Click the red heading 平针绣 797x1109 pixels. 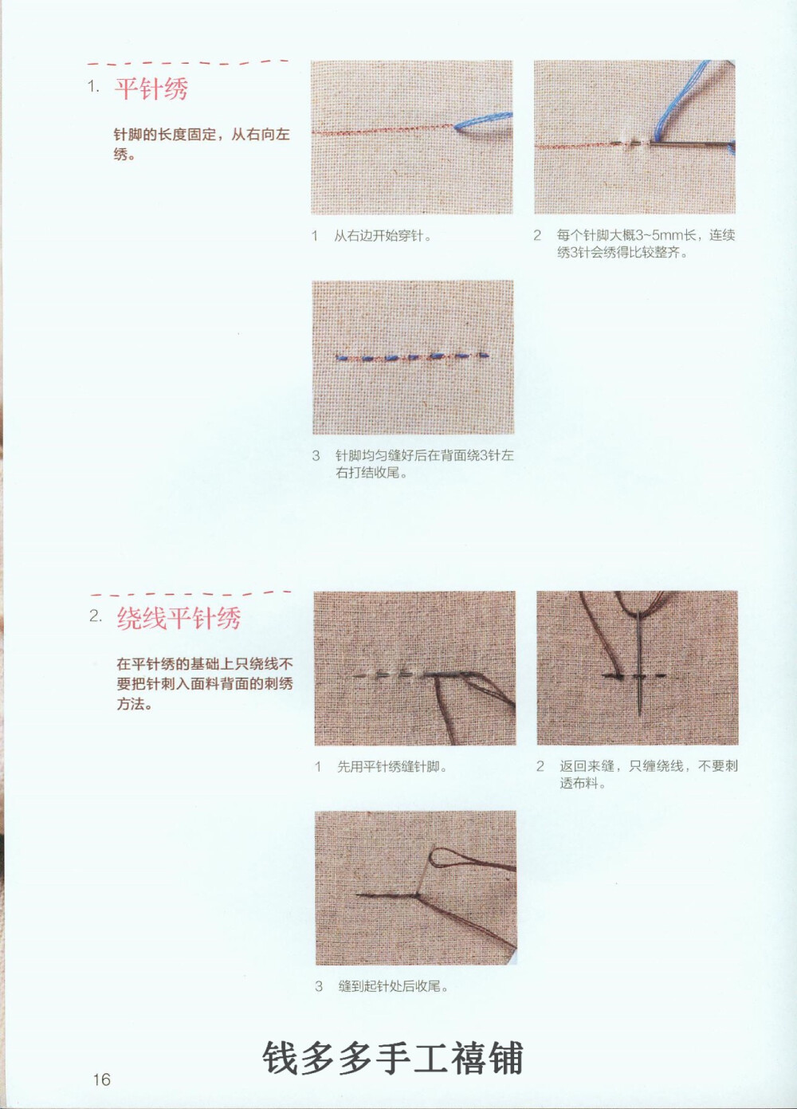pos(151,88)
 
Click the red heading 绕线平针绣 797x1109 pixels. pos(179,618)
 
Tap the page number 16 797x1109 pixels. pos(101,1080)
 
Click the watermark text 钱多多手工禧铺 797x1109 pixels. pos(393,1059)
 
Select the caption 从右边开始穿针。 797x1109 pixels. pos(383,236)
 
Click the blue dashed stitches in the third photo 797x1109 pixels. pos(412,356)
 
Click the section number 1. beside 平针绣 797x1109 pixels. pos(93,87)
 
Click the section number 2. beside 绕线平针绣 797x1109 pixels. pos(96,616)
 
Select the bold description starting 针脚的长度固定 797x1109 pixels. pos(201,144)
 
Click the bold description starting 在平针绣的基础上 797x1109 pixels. pos(204,683)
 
